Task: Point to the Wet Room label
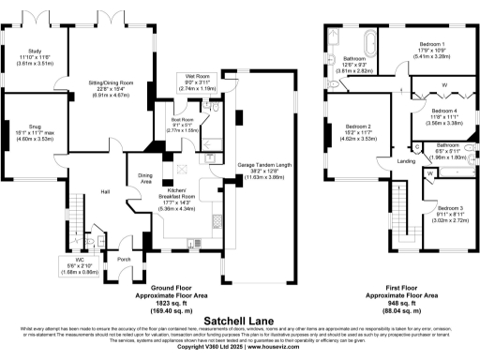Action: coord(197,77)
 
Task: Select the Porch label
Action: coord(123,260)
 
